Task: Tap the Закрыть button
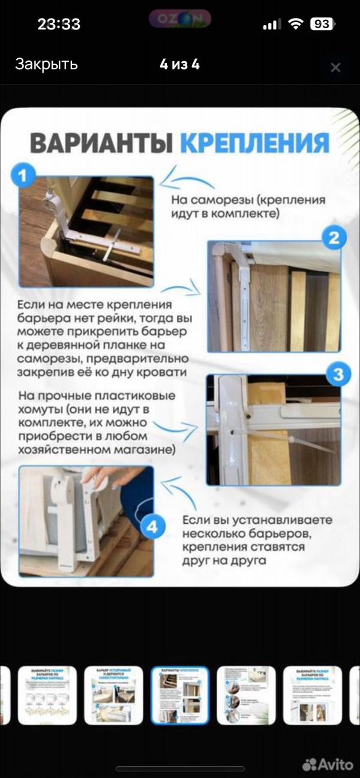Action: click(46, 65)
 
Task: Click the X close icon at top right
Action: click(335, 67)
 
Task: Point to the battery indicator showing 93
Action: click(322, 25)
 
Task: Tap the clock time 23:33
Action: click(59, 25)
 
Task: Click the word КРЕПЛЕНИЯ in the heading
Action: click(254, 144)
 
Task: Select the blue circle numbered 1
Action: click(23, 176)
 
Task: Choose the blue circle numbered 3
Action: click(338, 375)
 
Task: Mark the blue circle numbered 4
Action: click(152, 527)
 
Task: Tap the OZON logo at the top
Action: click(179, 19)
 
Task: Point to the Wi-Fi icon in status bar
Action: click(295, 25)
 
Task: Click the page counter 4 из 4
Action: click(179, 65)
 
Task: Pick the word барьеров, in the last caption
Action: click(292, 534)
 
